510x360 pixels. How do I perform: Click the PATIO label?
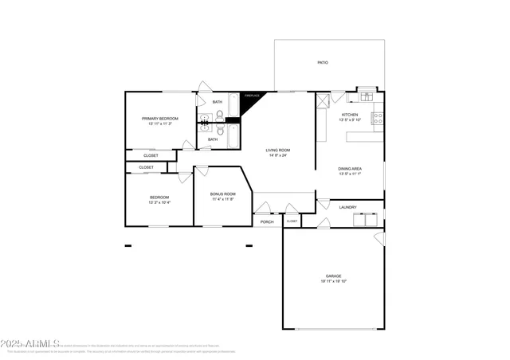[x=323, y=62]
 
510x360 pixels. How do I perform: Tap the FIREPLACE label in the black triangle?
[x=252, y=96]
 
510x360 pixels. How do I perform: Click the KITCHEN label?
[x=350, y=115]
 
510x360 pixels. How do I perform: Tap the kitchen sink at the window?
[x=367, y=97]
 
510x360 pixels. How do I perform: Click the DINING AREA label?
[x=350, y=169]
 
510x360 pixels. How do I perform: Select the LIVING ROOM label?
[x=278, y=150]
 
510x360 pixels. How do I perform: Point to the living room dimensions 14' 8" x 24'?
[x=278, y=155]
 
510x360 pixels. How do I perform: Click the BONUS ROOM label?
[x=223, y=194]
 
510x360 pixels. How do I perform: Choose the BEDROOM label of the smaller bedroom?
[x=159, y=198]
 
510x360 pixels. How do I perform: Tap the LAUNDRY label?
[x=347, y=207]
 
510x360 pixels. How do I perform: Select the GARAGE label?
[x=333, y=276]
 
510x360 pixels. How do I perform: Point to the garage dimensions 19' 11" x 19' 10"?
[x=333, y=281]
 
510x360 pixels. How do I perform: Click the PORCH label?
[x=267, y=221]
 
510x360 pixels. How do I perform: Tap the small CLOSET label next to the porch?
[x=292, y=221]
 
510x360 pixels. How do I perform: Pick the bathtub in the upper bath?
[x=232, y=104]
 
